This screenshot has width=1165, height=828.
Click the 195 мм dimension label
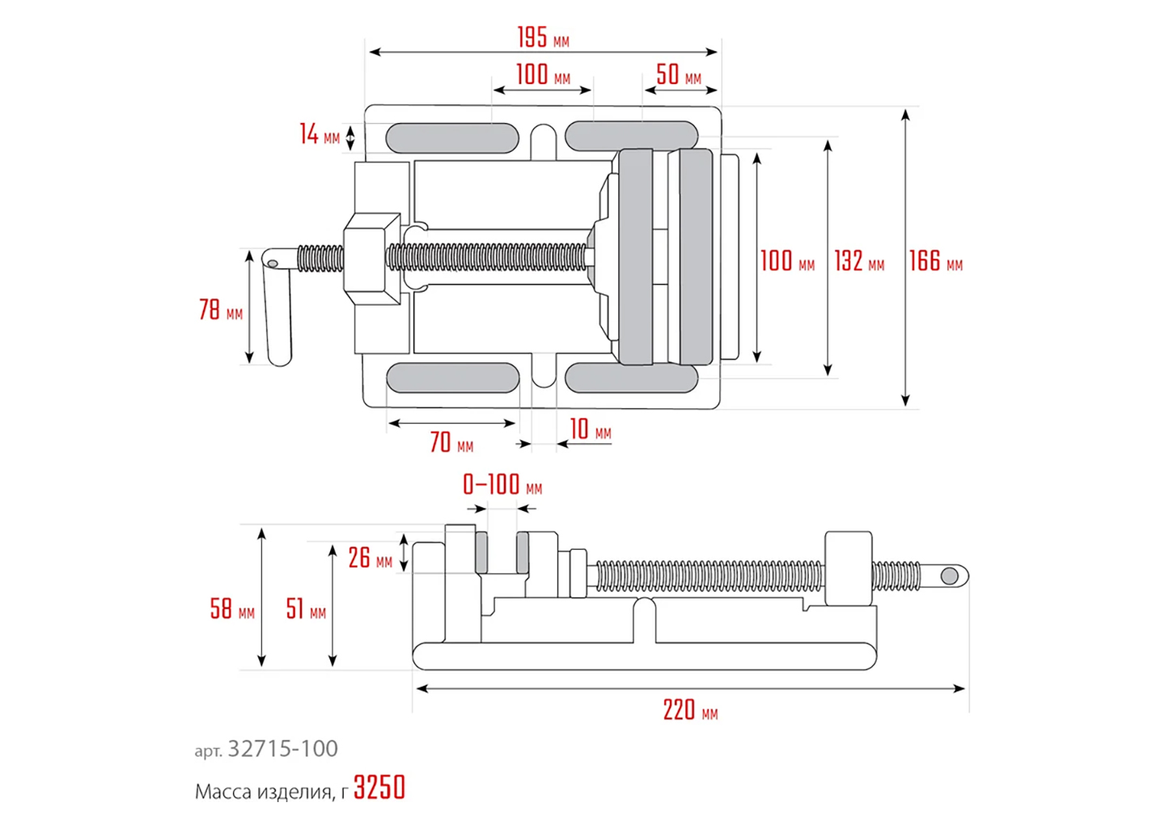pos(543,37)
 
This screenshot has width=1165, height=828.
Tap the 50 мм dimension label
pos(678,75)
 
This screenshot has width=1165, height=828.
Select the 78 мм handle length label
pos(220,310)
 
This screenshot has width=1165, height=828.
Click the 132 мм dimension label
pos(858,261)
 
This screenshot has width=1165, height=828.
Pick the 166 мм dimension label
pos(934,261)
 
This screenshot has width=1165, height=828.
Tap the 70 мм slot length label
pos(451,442)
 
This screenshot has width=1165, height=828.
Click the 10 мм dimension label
pos(590,430)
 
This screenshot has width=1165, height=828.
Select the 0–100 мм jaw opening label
pos(502,485)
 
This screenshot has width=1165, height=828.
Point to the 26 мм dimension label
pos(370,558)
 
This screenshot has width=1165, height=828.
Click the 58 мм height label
pos(231,609)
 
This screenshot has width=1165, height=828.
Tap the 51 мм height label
pos(306,609)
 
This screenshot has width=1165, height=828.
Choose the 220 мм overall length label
pos(689,711)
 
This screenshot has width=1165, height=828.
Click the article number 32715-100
pos(282,749)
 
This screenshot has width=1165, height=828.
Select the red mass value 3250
pos(379,788)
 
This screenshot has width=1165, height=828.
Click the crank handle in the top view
pos(277,307)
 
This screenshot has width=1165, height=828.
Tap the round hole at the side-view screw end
pos(950,576)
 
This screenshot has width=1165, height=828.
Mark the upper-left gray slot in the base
pos(452,138)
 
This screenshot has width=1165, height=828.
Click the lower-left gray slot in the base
pos(452,378)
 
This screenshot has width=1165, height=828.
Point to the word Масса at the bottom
pos(223,792)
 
